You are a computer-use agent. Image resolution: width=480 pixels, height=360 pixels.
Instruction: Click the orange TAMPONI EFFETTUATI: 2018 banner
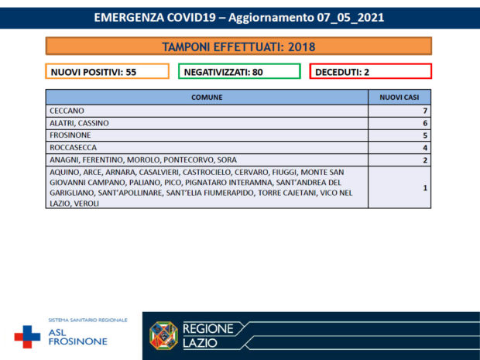[x=238, y=46]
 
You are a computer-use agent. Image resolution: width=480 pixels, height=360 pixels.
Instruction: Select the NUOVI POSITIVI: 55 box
[x=107, y=71]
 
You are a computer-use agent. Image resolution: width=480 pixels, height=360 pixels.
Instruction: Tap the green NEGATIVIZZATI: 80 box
[x=239, y=71]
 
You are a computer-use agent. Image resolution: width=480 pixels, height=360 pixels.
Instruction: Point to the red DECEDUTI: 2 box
[x=370, y=71]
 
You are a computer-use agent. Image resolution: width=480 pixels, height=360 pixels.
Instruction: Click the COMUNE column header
[x=206, y=98]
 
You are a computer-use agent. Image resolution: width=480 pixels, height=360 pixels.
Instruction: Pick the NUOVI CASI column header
[x=399, y=98]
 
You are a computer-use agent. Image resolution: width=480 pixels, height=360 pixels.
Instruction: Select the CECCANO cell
[x=66, y=111]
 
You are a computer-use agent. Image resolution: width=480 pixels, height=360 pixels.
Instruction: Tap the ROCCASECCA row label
[x=73, y=147]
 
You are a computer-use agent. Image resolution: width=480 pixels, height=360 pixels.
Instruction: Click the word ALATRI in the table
[x=61, y=123]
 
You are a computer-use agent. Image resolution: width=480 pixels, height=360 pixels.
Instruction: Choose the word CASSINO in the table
[x=94, y=123]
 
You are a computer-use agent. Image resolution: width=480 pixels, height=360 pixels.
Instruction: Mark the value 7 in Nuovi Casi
[x=425, y=111]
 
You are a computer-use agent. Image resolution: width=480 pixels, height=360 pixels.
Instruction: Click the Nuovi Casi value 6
[x=425, y=123]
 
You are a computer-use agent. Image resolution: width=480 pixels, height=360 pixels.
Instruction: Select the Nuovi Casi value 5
[x=425, y=135]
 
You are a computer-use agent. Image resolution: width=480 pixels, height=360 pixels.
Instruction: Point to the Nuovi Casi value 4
[x=425, y=147]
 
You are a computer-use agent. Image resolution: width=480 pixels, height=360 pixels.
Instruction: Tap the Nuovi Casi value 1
[x=425, y=187]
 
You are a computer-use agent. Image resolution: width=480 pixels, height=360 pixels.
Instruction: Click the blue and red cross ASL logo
[x=27, y=335]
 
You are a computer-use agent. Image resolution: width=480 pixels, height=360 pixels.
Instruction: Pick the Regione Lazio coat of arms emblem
[x=163, y=335]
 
